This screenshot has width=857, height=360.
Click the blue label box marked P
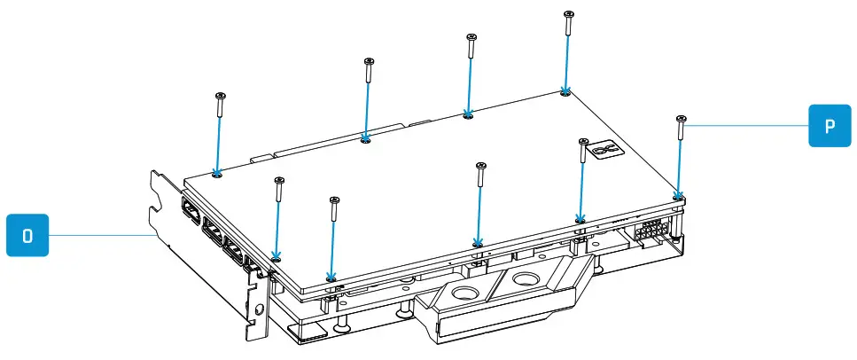point(830,125)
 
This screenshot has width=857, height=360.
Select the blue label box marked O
point(27,234)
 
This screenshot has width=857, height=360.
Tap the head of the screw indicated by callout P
point(681,118)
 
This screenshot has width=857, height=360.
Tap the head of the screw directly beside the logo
point(583,141)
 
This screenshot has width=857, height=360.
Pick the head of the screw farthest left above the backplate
point(221,94)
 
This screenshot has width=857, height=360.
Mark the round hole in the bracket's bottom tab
point(258,311)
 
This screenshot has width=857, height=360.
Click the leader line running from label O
point(97,234)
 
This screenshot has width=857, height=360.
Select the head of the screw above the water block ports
point(480,166)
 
